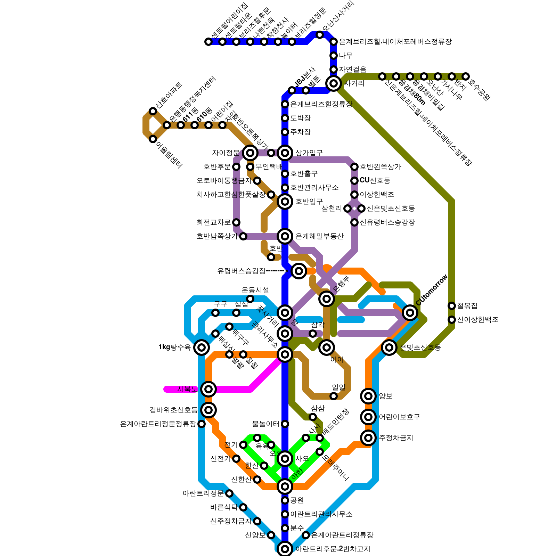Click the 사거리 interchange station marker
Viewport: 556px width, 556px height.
coord(334,83)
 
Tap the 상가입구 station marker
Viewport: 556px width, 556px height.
coord(285,153)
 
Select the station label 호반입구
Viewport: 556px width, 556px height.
coord(309,201)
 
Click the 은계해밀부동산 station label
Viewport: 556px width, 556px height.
coord(319,236)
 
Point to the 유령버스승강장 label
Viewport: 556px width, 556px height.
coord(242,271)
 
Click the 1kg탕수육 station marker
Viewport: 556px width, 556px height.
coord(202,347)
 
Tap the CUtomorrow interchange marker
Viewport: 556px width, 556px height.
coord(410,313)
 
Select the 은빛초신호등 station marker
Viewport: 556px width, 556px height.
coord(389,347)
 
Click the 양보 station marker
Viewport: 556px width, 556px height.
coord(368,396)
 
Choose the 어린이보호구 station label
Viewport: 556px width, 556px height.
coord(399,417)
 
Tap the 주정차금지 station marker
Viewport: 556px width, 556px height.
coord(368,438)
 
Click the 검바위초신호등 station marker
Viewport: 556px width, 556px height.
coord(208,410)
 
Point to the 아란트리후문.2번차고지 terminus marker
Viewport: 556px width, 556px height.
coord(285,549)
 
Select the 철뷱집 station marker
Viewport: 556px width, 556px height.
coord(452,306)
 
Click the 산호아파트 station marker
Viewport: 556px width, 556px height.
coord(153,111)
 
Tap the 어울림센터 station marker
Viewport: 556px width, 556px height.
coord(153,139)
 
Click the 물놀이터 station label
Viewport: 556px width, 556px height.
coord(265,424)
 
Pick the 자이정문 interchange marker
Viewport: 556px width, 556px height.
coord(250,153)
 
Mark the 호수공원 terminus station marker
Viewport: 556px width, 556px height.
coord(466,76)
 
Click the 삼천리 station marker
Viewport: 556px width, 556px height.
coord(347,208)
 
